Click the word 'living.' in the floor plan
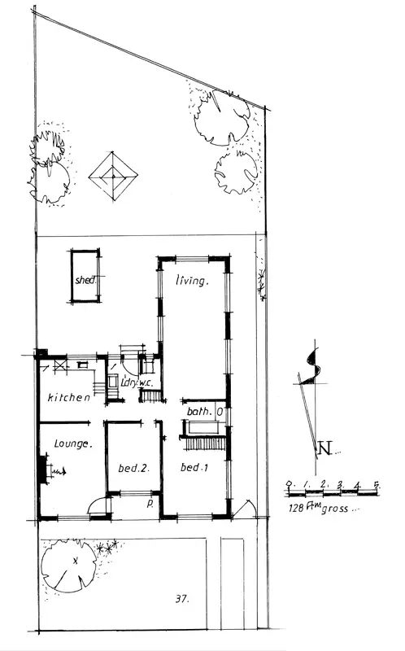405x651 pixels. [x=194, y=281]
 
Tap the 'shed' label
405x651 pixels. [x=84, y=280]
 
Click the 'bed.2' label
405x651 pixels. [x=133, y=468]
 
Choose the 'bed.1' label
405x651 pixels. [x=191, y=468]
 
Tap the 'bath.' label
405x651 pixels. [x=199, y=413]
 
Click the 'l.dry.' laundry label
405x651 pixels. [x=128, y=383]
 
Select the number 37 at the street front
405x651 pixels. [x=181, y=600]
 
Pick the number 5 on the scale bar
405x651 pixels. [x=376, y=486]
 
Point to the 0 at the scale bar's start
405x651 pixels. [x=290, y=486]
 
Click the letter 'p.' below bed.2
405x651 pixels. [x=150, y=504]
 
